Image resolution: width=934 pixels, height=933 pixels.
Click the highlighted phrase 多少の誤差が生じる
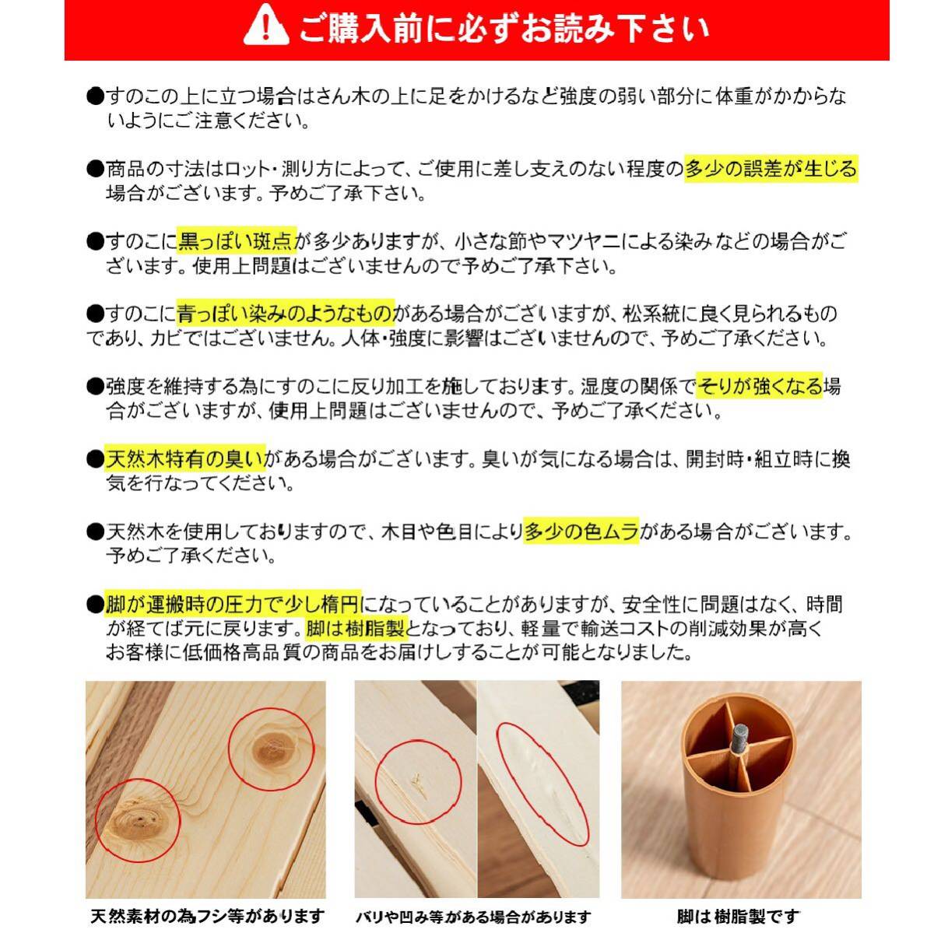tap(771, 169)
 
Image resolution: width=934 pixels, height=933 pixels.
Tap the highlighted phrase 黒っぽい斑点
tap(237, 240)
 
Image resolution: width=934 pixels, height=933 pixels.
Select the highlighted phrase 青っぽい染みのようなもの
tap(285, 314)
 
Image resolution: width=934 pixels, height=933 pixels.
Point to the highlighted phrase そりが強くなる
tap(760, 386)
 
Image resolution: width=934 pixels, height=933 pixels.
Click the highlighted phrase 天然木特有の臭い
tap(185, 458)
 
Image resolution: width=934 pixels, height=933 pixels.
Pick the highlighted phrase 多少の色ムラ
tap(581, 531)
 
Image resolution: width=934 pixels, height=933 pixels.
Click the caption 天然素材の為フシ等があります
tap(206, 916)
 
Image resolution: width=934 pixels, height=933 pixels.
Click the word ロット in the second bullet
tap(246, 169)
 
